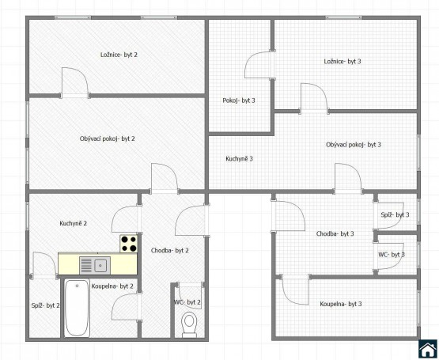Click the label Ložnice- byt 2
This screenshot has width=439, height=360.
(119, 55)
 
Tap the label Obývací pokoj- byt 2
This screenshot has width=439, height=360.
(108, 138)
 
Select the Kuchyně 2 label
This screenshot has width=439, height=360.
(74, 223)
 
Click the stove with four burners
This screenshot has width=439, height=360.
(129, 244)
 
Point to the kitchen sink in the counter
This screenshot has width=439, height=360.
(95, 266)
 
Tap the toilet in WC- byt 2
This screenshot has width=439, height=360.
(189, 324)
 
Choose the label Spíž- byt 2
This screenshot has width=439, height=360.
(45, 305)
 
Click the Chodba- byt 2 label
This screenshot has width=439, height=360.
(169, 251)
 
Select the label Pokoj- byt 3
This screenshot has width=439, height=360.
(239, 100)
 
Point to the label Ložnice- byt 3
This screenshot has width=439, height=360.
(342, 62)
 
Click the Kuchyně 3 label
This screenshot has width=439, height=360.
(240, 158)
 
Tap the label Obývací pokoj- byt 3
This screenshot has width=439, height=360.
(354, 145)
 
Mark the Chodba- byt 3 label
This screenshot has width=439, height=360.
(335, 233)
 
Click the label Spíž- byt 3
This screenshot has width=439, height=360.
(395, 215)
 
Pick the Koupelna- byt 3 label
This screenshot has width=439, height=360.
(341, 304)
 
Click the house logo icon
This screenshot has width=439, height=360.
(427, 349)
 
